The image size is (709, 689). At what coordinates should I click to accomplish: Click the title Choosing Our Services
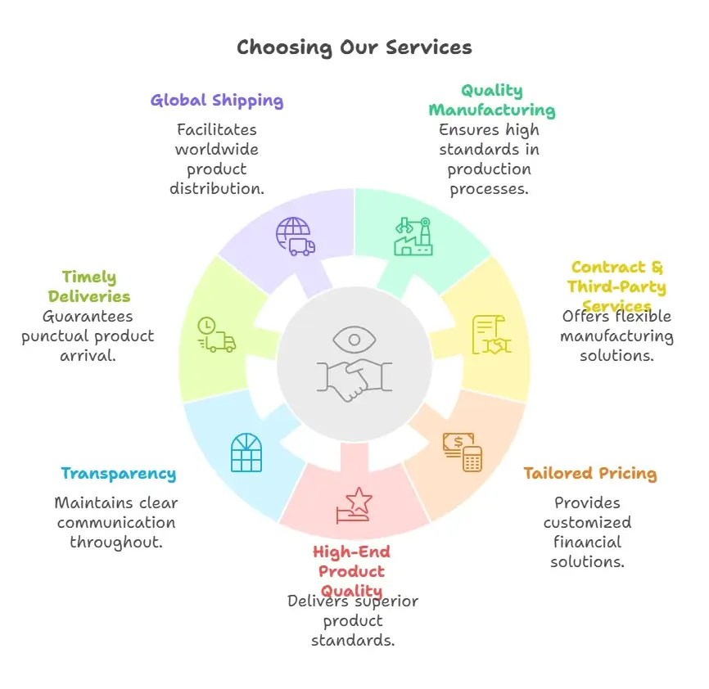pyautogui.click(x=354, y=47)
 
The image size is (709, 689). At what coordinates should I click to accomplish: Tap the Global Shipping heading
pyautogui.click(x=217, y=101)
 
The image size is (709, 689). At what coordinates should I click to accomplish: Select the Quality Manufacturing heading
pyautogui.click(x=491, y=100)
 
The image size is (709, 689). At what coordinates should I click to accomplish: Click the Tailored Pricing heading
pyautogui.click(x=589, y=473)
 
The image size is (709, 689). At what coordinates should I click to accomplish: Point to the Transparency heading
pyautogui.click(x=118, y=473)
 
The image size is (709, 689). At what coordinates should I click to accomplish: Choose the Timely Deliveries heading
pyautogui.click(x=88, y=286)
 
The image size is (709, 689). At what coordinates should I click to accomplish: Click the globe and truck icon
pyautogui.click(x=295, y=236)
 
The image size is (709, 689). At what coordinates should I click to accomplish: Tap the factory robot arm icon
pyautogui.click(x=413, y=236)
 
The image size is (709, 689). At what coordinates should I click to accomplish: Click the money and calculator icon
pyautogui.click(x=463, y=452)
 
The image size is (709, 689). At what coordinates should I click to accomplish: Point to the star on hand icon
pyautogui.click(x=354, y=504)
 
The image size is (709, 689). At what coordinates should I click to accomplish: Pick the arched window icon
pyautogui.click(x=246, y=453)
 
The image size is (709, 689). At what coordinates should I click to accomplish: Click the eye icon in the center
pyautogui.click(x=354, y=339)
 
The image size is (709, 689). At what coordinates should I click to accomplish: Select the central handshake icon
pyautogui.click(x=354, y=376)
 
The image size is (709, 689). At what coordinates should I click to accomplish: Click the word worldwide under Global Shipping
pyautogui.click(x=216, y=149)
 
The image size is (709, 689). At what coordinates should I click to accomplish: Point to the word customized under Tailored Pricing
pyautogui.click(x=587, y=522)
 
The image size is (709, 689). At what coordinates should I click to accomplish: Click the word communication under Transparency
pyautogui.click(x=115, y=522)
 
